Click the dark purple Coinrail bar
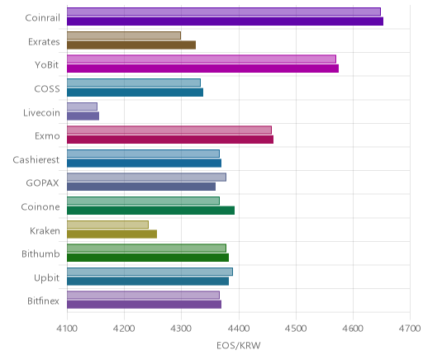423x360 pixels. tap(225, 21)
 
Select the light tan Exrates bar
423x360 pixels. tap(124, 36)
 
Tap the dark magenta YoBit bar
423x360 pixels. tap(202, 69)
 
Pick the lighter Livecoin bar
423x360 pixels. tap(82, 107)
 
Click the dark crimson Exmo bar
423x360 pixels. tap(170, 140)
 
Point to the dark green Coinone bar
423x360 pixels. tap(150, 211)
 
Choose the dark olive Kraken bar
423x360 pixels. tap(112, 234)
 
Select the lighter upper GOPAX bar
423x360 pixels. tap(146, 178)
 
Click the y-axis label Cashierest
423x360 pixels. tap(36, 160)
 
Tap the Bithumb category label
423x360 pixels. tap(40, 253)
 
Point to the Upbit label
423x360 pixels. tap(46, 277)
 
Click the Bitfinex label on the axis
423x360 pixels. tap(43, 301)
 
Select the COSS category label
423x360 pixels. tap(47, 89)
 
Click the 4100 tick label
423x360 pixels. tap(67, 329)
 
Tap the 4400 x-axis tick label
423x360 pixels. tap(239, 329)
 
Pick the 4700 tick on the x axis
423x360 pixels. tap(410, 329)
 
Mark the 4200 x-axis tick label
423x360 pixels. tap(124, 329)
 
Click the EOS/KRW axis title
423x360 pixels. tap(239, 345)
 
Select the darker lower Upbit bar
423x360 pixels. tap(148, 282)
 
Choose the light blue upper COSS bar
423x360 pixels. tap(134, 83)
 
